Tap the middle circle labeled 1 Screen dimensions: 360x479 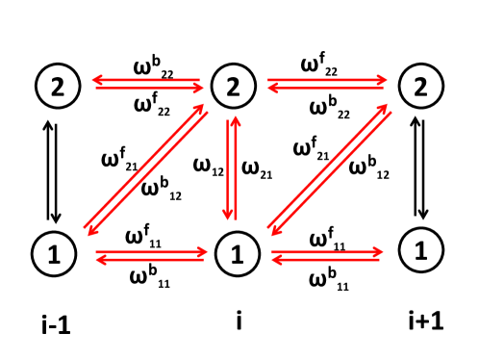click(x=234, y=255)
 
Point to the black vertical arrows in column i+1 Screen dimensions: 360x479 click(x=419, y=169)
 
